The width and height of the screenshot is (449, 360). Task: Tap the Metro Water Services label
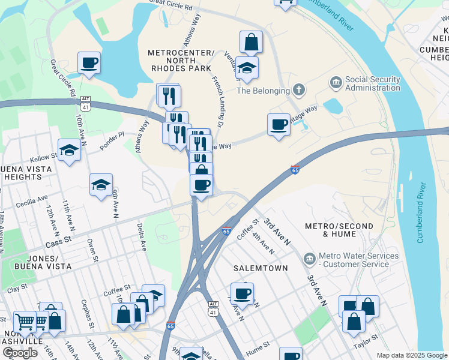click(x=358, y=260)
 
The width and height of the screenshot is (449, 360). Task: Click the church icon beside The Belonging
click(x=298, y=91)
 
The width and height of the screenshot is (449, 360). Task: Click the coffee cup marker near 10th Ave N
click(x=89, y=62)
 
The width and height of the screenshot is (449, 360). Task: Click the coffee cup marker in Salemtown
click(x=242, y=294)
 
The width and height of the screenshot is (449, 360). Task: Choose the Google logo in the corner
click(x=20, y=353)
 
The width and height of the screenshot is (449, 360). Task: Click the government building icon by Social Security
click(x=336, y=81)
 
